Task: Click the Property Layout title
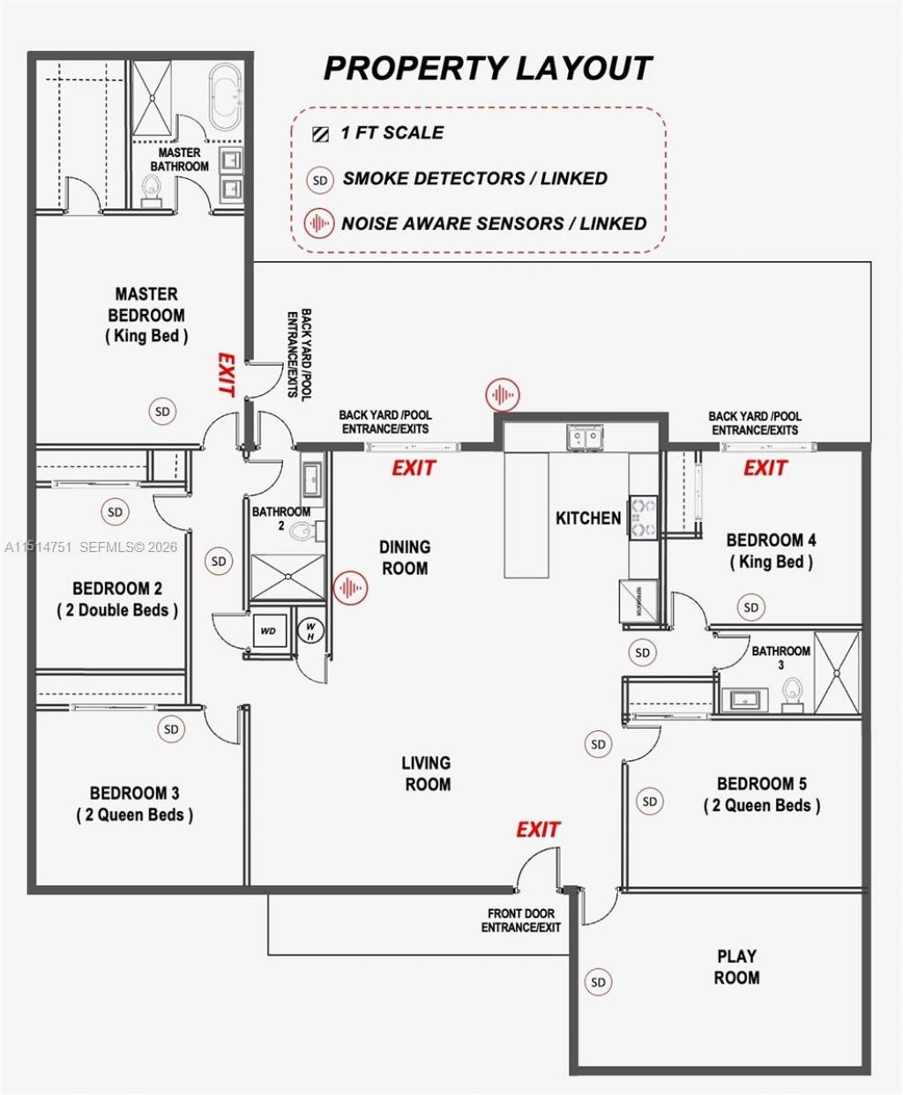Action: click(x=487, y=68)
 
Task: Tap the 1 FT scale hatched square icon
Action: click(x=319, y=134)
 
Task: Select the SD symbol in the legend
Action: click(x=320, y=181)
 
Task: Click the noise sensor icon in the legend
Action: click(x=319, y=224)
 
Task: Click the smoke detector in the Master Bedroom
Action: click(x=162, y=411)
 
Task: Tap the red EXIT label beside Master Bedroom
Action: click(x=226, y=375)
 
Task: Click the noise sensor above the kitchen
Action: click(x=503, y=394)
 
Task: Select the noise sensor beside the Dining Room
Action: click(x=350, y=587)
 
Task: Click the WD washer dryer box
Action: click(x=268, y=631)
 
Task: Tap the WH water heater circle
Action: click(x=310, y=629)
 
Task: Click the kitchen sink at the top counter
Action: click(x=581, y=436)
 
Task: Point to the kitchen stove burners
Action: click(x=644, y=518)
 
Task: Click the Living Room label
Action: click(x=426, y=773)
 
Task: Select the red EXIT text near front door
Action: click(x=538, y=830)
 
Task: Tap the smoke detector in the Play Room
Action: click(x=599, y=982)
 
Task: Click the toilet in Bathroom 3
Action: click(x=792, y=693)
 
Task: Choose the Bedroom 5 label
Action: click(x=762, y=794)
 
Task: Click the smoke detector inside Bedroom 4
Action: click(x=751, y=607)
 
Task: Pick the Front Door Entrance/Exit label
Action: click(x=520, y=920)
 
